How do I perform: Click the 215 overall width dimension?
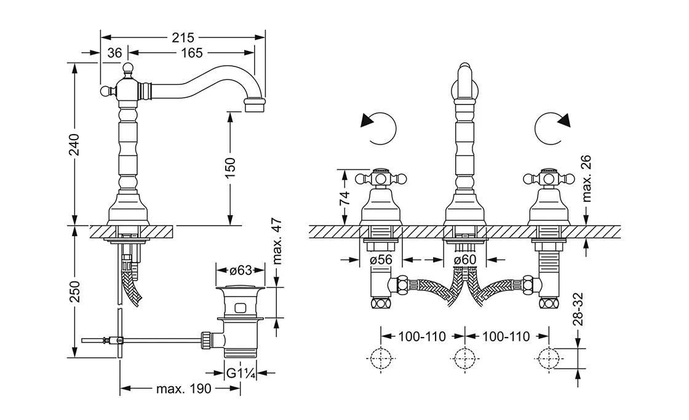pos(183,38)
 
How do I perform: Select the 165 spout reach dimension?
pos(192,53)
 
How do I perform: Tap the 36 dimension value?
pos(114,53)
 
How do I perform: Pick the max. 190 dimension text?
pos(182,389)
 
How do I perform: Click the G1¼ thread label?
pos(240,373)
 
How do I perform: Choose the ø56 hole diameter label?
pos(381,260)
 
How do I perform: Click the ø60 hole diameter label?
pos(464,260)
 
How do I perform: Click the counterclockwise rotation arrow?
pos(377,127)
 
